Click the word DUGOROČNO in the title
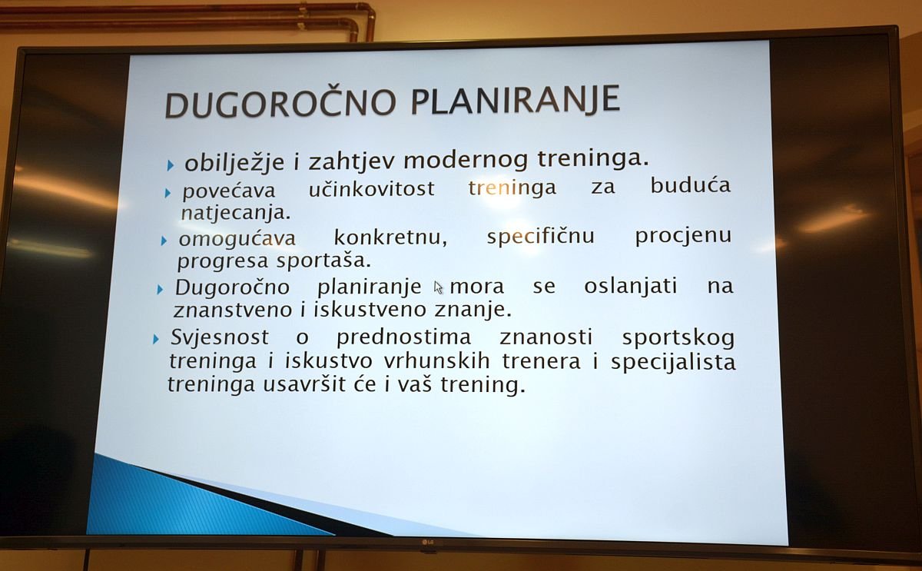point(280,103)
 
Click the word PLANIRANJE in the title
point(516,99)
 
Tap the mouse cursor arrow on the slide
point(439,287)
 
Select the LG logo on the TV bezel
point(428,541)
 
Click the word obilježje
point(234,162)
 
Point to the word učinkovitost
point(372,188)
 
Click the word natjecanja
point(236,213)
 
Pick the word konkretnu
point(390,237)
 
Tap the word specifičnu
point(541,236)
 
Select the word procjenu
point(683,236)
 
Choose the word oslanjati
point(631,286)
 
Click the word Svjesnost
point(220,337)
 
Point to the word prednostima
point(403,337)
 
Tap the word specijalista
point(673,362)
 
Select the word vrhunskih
point(436,361)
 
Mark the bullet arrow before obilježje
point(171,165)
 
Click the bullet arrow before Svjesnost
point(155,339)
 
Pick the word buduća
point(690,185)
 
